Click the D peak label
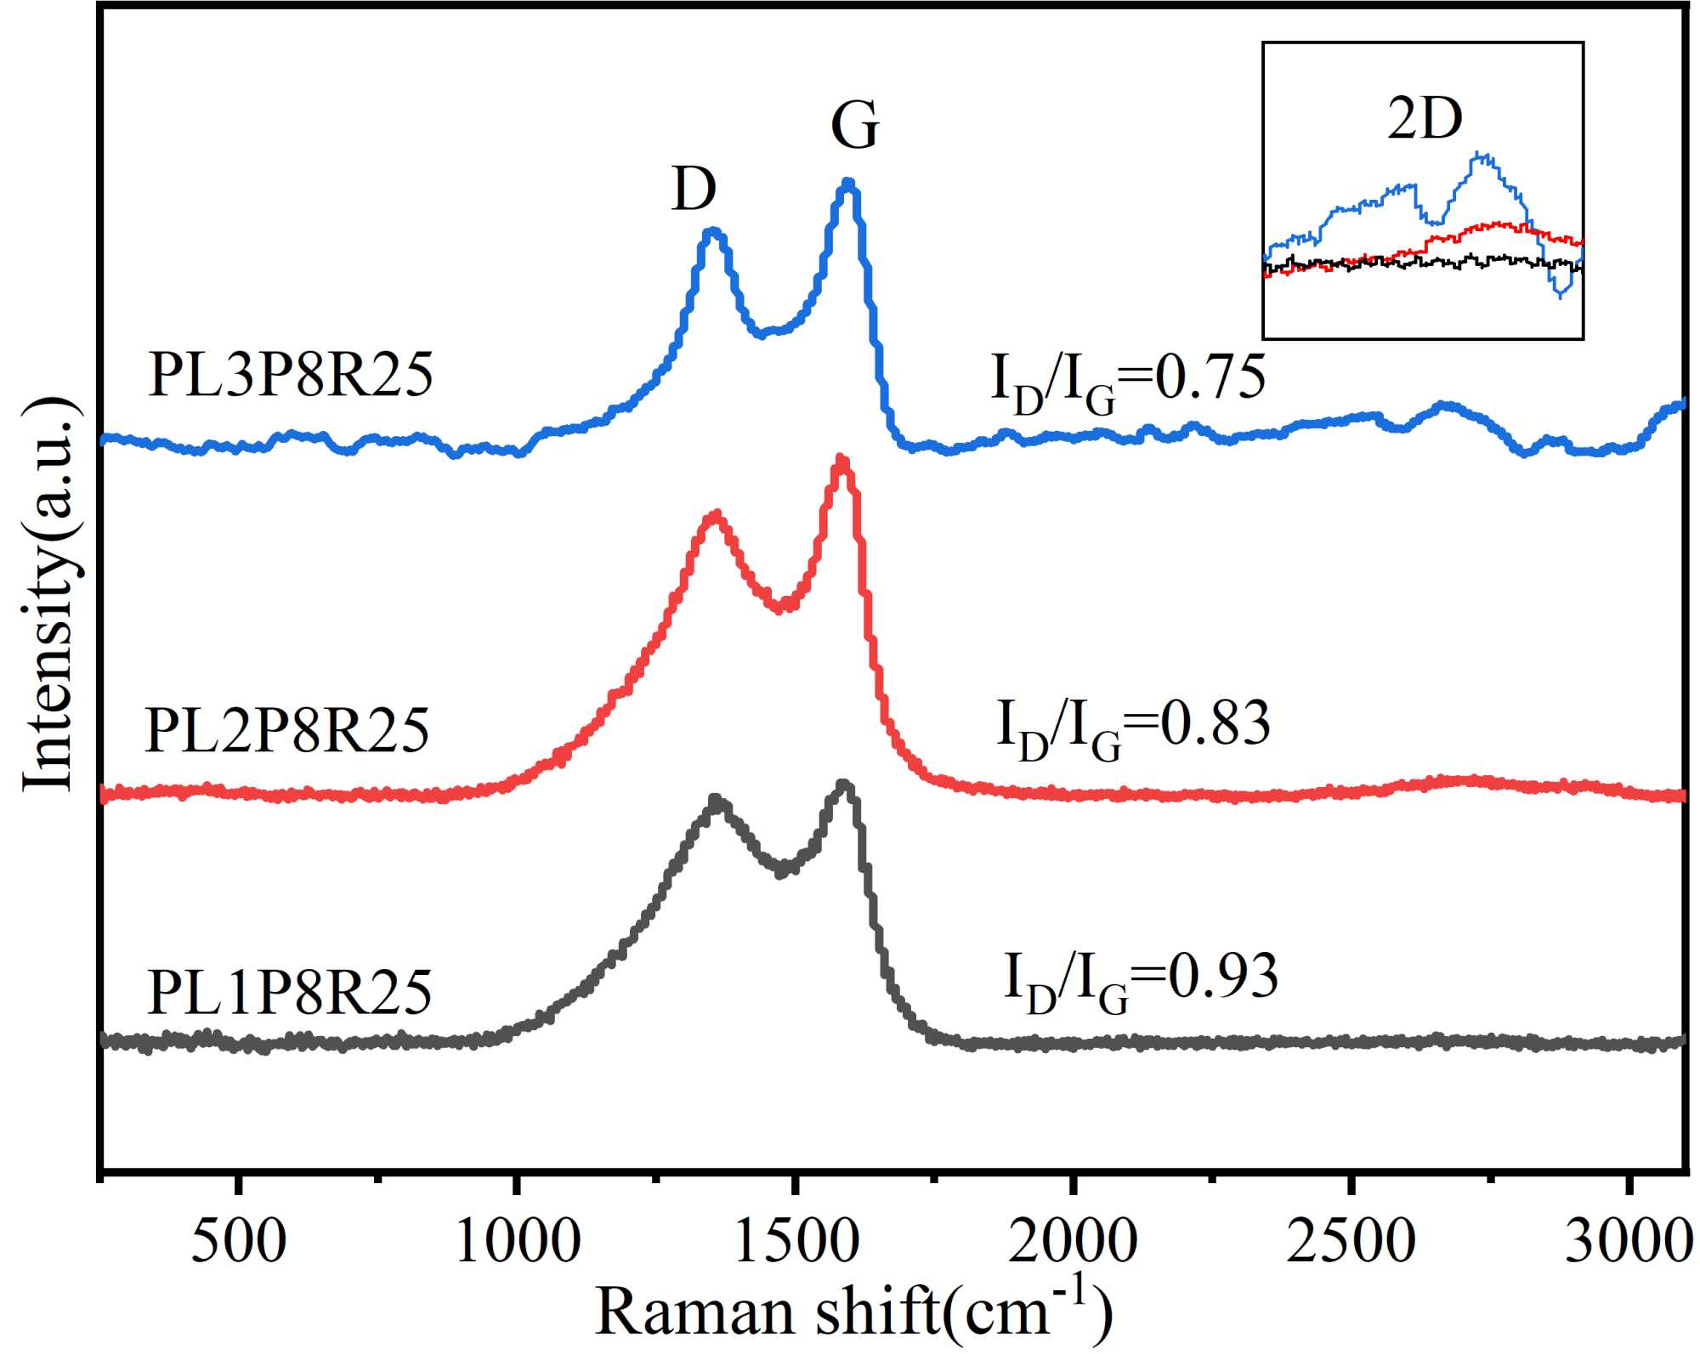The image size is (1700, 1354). [x=694, y=189]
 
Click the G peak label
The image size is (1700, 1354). [x=854, y=126]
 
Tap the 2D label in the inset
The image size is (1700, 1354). [x=1425, y=119]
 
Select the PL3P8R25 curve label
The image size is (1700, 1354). [x=291, y=375]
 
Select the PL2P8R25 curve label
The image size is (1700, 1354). [x=287, y=730]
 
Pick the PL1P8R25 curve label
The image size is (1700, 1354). [x=289, y=992]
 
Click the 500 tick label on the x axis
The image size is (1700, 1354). [x=239, y=1243]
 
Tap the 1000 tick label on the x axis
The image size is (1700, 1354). [x=518, y=1243]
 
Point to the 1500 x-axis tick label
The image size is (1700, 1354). [x=796, y=1243]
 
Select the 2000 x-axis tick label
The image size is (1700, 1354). [x=1074, y=1243]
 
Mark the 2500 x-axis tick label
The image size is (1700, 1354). [x=1351, y=1243]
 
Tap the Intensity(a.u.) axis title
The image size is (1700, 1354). [x=48, y=594]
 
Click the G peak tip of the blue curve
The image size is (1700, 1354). [x=847, y=183]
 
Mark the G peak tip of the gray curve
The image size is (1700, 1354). [x=843, y=784]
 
